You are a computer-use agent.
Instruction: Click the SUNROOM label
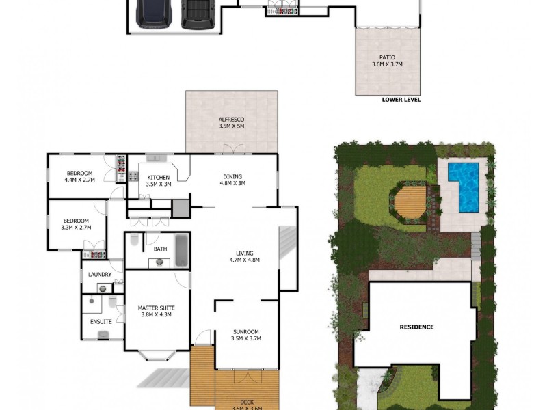pyautogui.click(x=246, y=334)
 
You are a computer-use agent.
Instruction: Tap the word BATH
pyautogui.click(x=160, y=249)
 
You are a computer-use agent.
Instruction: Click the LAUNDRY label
pyautogui.click(x=100, y=275)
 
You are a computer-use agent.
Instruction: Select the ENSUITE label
pyautogui.click(x=101, y=322)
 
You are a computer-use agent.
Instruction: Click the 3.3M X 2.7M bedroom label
pyautogui.click(x=76, y=224)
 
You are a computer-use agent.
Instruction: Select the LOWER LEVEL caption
pyautogui.click(x=401, y=100)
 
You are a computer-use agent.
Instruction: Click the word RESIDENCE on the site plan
pyautogui.click(x=416, y=327)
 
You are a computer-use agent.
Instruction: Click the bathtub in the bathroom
pyautogui.click(x=181, y=251)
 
